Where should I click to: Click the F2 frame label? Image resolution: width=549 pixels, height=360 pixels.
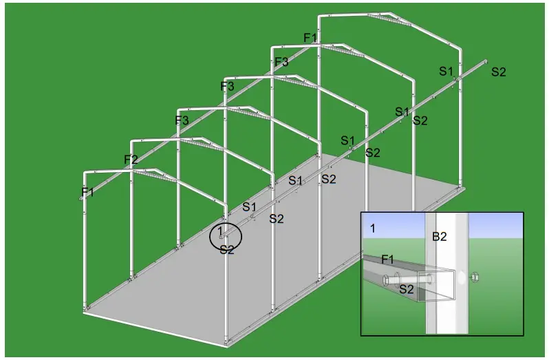tap(131, 160)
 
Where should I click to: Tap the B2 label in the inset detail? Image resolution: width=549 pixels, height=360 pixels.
tap(440, 237)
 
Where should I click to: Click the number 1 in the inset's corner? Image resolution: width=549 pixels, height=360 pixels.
tap(372, 228)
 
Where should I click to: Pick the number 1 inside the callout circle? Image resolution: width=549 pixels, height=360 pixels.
tap(221, 230)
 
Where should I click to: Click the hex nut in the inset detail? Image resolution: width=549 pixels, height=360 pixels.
tap(474, 278)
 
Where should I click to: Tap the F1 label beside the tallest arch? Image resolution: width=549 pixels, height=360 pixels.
tap(311, 38)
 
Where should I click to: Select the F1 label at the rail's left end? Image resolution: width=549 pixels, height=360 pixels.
tap(88, 192)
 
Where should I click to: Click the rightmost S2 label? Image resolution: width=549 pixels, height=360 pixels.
tap(498, 72)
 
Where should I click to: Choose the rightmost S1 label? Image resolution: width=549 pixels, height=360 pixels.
tap(446, 71)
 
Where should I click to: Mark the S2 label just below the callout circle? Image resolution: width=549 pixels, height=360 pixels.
tap(227, 250)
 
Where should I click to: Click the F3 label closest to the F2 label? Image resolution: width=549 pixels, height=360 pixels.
tap(182, 120)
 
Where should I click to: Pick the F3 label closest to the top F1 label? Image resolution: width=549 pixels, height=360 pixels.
tap(282, 62)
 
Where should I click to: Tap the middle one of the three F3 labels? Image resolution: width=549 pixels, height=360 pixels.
tap(227, 87)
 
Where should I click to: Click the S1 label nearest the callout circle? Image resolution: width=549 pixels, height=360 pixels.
tap(249, 207)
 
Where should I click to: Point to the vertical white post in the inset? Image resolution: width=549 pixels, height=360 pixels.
tap(447, 303)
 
